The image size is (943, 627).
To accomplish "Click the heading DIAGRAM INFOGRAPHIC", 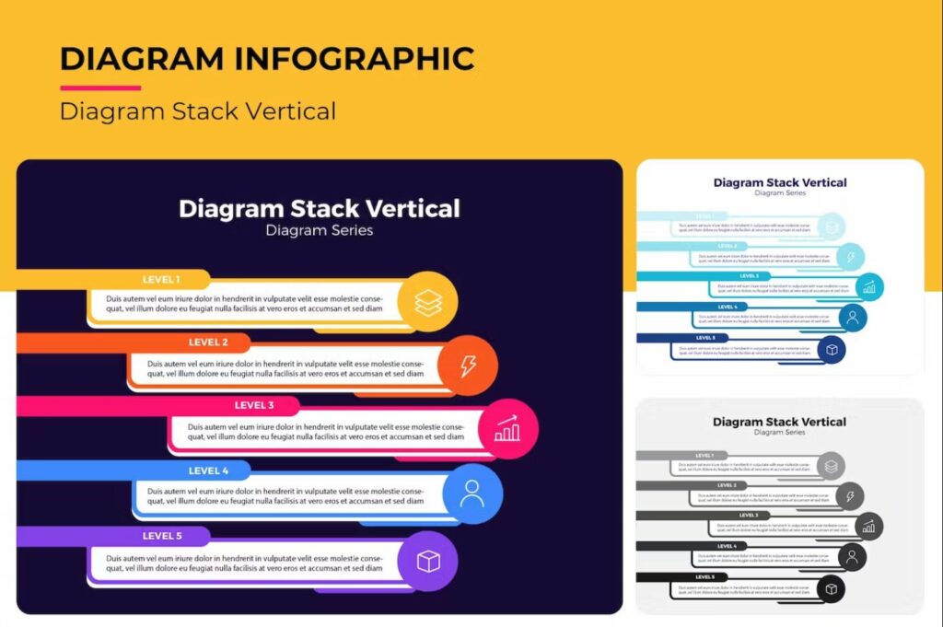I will [x=267, y=59].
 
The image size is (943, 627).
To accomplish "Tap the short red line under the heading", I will [x=100, y=88].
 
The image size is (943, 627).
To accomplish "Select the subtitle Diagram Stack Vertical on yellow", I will [x=198, y=111].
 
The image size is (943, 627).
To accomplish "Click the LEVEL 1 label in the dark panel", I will [x=161, y=279].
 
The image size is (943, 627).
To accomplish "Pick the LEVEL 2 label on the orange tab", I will [x=208, y=343].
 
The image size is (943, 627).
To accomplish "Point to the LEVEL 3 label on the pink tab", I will [x=254, y=405].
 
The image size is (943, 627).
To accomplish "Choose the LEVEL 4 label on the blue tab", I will [x=208, y=470].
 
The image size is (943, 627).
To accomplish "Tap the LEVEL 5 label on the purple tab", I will [x=162, y=535].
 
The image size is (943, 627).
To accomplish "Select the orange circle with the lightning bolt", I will [x=468, y=366].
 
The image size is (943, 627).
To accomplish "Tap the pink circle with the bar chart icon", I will [x=507, y=429].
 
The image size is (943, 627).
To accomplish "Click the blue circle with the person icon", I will [x=472, y=493].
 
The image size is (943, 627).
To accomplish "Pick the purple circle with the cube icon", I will [x=428, y=561].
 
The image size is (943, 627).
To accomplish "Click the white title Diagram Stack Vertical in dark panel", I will [x=320, y=208].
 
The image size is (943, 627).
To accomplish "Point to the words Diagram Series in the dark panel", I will [x=320, y=230].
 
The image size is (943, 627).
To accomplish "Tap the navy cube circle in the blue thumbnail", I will [x=832, y=350].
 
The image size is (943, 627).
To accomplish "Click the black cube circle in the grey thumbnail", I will [x=832, y=589].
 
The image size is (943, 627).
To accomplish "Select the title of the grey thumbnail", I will [x=779, y=422].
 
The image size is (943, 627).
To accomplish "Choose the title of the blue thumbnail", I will [x=780, y=182].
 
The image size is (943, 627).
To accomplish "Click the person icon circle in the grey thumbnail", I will [x=853, y=557].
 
